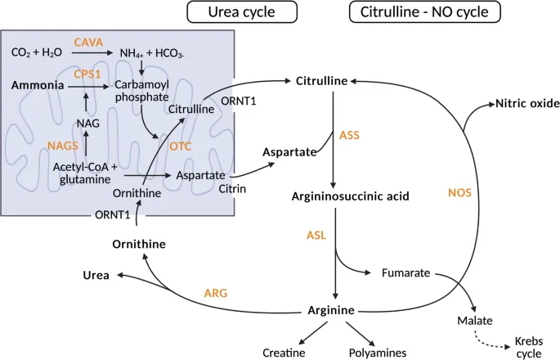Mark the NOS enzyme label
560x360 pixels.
[460, 193]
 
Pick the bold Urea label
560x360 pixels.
[96, 275]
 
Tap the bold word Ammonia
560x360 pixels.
[37, 84]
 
